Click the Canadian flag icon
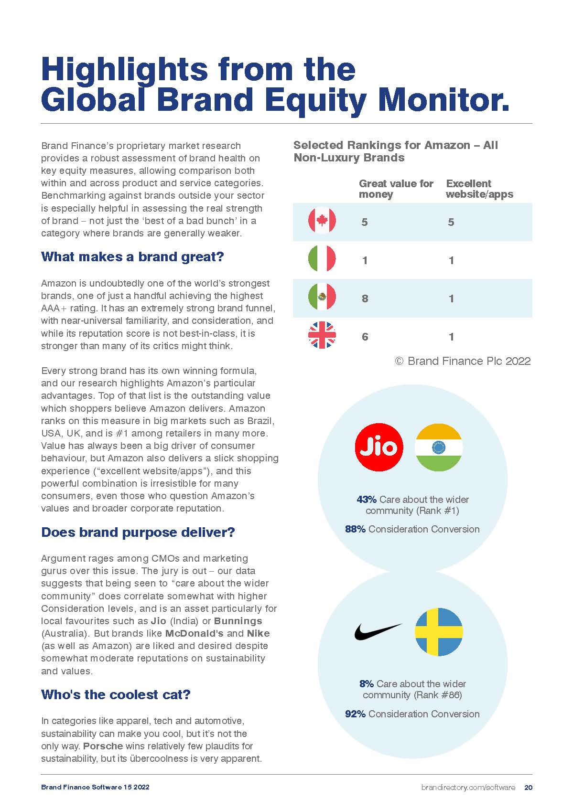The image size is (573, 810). (322, 222)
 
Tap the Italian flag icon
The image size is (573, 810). (322, 260)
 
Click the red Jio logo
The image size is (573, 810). (379, 447)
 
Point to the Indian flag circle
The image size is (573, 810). (438, 447)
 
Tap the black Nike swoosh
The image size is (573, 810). (378, 631)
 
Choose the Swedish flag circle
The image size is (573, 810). (438, 631)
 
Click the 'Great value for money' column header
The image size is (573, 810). (396, 189)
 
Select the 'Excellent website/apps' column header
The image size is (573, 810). (479, 189)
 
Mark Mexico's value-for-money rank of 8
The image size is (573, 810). (365, 298)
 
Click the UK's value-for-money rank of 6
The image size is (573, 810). (365, 337)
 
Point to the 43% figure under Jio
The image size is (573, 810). (367, 500)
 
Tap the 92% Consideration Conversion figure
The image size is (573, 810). (355, 714)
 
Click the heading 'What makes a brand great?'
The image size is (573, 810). (132, 256)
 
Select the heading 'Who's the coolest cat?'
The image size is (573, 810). (116, 694)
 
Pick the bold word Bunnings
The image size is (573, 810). (238, 621)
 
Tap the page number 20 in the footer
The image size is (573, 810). (528, 787)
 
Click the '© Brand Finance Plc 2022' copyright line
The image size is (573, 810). (463, 361)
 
